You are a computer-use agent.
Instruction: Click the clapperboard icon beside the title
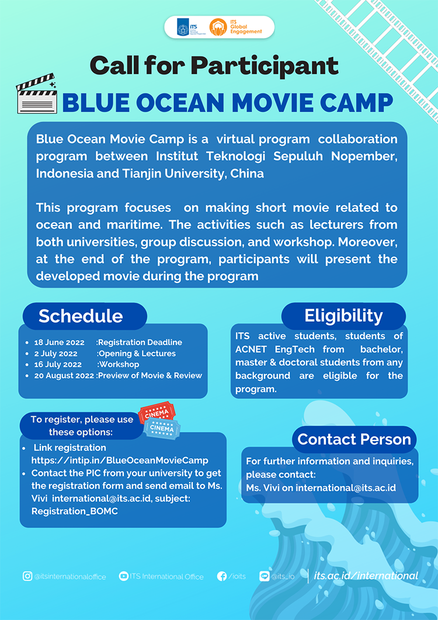pyautogui.click(x=37, y=94)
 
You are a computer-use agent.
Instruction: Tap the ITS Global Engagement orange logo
pyautogui.click(x=218, y=27)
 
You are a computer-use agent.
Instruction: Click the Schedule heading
pyautogui.click(x=81, y=316)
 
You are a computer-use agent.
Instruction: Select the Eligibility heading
pyautogui.click(x=343, y=316)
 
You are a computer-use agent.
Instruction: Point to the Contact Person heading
pyautogui.click(x=354, y=439)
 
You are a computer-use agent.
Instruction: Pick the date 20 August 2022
pyautogui.click(x=64, y=376)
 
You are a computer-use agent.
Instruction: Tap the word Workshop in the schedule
pyautogui.click(x=119, y=365)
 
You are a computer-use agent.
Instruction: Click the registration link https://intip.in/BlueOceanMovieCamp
pyautogui.click(x=120, y=460)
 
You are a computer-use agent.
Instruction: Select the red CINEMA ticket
pyautogui.click(x=157, y=414)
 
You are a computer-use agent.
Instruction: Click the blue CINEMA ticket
pyautogui.click(x=162, y=428)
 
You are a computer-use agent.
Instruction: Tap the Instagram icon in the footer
pyautogui.click(x=27, y=576)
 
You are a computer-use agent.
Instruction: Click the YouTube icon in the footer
pyautogui.click(x=123, y=576)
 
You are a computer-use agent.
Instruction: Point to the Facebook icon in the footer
pyautogui.click(x=222, y=576)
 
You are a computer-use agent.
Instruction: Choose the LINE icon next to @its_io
pyautogui.click(x=264, y=576)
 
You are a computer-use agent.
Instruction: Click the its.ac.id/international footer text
pyautogui.click(x=366, y=576)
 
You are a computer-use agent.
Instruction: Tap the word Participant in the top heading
pyautogui.click(x=265, y=66)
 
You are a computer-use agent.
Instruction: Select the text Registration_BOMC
pyautogui.click(x=75, y=511)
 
